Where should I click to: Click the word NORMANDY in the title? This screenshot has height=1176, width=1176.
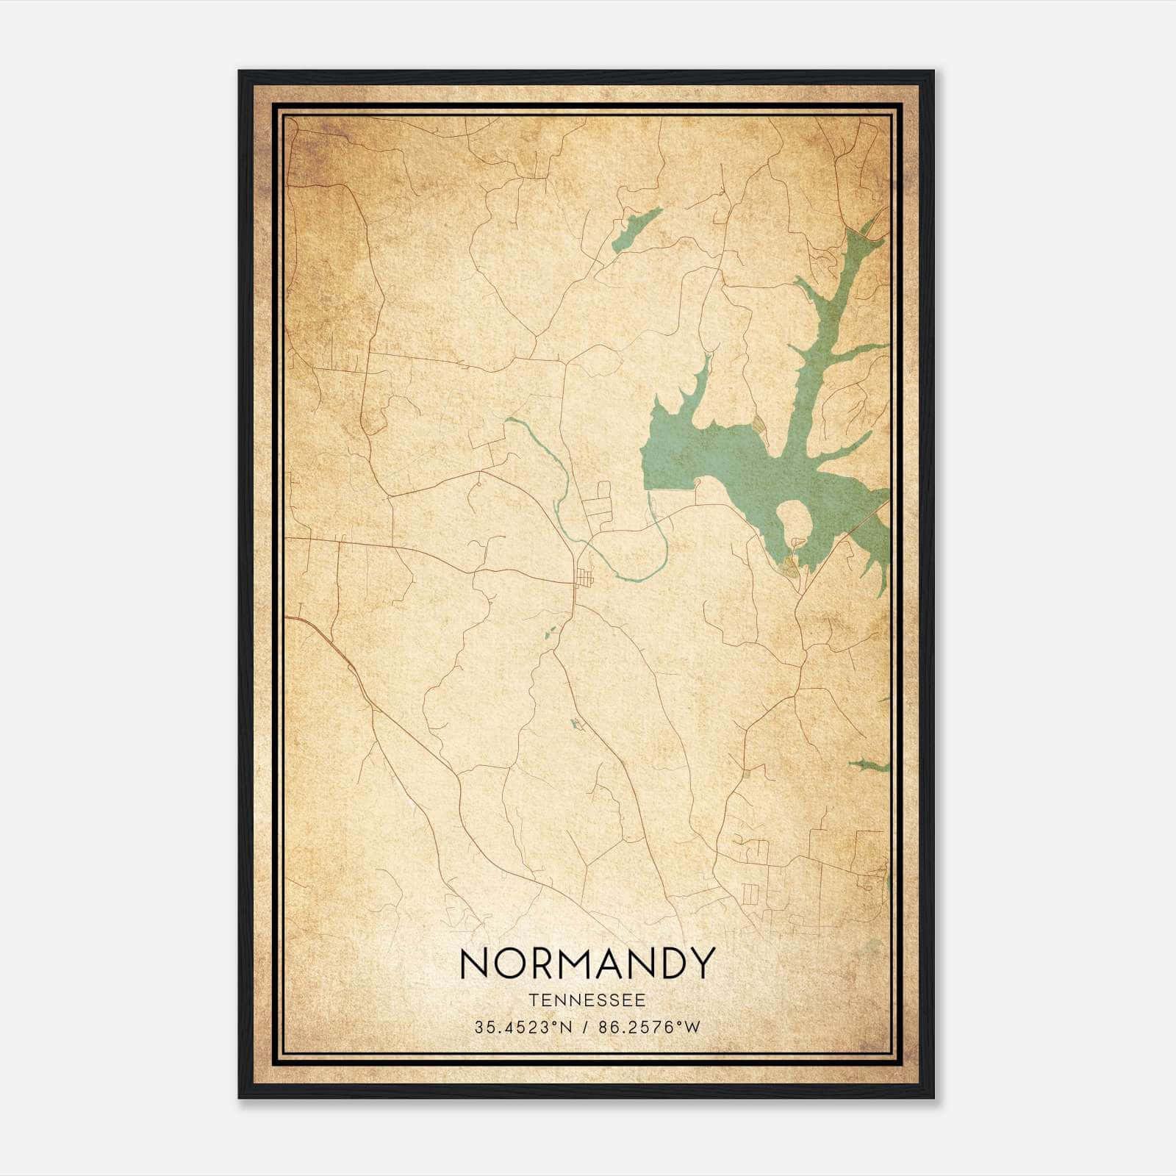tap(587, 963)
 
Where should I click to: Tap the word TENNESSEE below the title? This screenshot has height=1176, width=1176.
tap(587, 1000)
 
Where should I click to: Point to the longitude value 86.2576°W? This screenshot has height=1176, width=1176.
tap(650, 1028)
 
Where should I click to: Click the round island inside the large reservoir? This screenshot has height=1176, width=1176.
tap(795, 519)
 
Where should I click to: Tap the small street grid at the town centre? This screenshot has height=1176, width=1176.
tap(585, 580)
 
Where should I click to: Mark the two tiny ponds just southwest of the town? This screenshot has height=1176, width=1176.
tap(551, 633)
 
